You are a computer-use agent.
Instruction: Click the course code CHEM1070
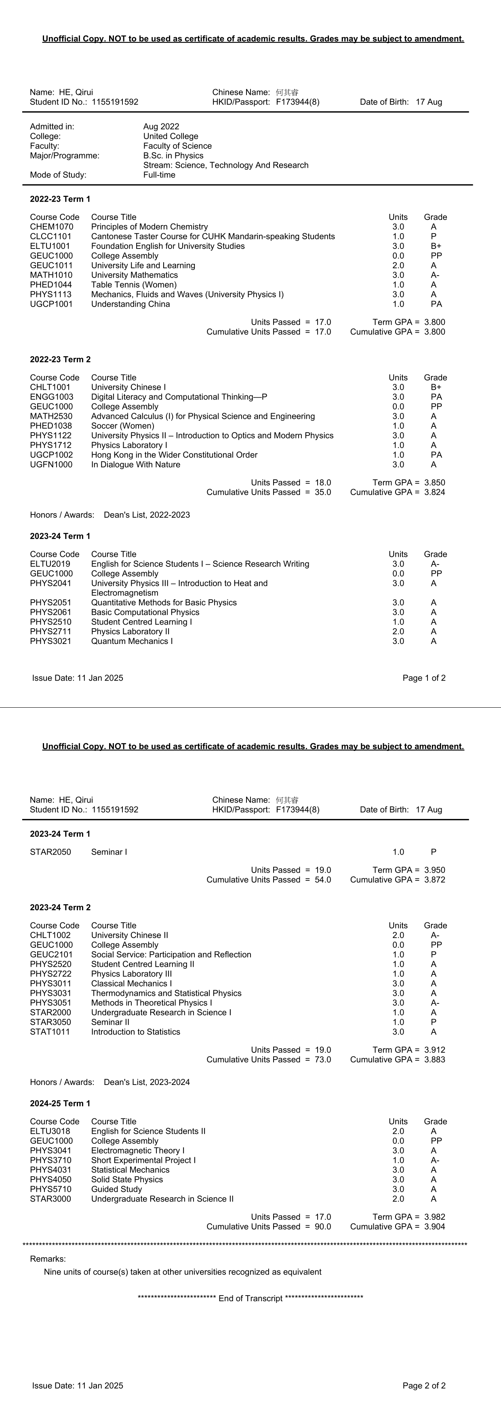[x=52, y=227]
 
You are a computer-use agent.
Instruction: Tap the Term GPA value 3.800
[x=434, y=322]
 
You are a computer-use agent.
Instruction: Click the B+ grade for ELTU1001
[x=436, y=246]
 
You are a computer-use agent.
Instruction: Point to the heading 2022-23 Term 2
[x=60, y=359]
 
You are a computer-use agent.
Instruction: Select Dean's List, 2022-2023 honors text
[x=147, y=515]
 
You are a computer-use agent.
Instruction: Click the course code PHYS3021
[x=51, y=641]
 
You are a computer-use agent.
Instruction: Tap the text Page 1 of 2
[x=424, y=678]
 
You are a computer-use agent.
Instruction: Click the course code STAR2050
[x=51, y=852]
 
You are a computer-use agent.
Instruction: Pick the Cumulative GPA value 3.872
[x=434, y=880]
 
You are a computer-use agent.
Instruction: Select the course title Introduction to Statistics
[x=136, y=1032]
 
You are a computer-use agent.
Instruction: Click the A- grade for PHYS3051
[x=435, y=1003]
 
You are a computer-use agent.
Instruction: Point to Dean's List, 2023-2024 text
[x=147, y=1082]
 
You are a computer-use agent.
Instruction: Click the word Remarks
[x=48, y=1259]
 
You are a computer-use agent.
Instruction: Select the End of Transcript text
[x=250, y=1298]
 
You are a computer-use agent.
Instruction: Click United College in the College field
[x=171, y=136]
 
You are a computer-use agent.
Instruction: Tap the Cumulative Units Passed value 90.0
[x=323, y=1227]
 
